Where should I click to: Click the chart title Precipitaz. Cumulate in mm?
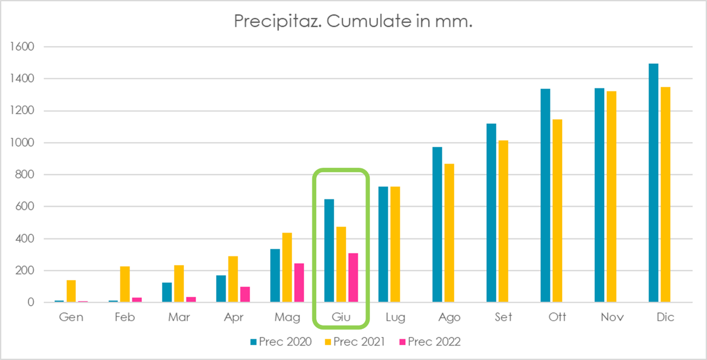(353, 21)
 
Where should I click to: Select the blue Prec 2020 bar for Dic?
(653, 183)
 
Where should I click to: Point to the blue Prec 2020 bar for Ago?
(437, 225)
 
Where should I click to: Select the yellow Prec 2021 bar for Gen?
(71, 291)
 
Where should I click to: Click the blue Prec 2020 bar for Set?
(491, 213)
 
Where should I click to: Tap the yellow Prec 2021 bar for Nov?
(611, 196)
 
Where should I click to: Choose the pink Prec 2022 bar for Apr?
(245, 294)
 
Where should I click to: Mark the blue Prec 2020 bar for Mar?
(167, 292)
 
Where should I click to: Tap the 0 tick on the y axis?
(32, 303)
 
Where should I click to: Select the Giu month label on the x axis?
(341, 317)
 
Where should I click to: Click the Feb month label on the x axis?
(125, 317)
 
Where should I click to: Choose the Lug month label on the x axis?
(395, 318)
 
